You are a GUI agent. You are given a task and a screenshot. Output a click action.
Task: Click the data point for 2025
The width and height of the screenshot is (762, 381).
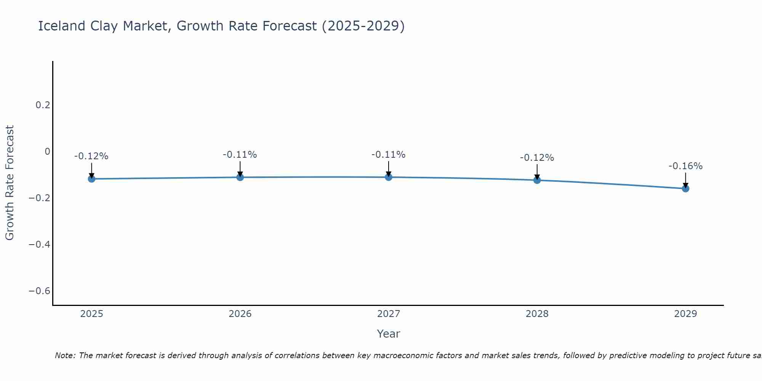[x=91, y=179]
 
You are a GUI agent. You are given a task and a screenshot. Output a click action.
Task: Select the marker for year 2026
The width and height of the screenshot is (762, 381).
[x=240, y=177]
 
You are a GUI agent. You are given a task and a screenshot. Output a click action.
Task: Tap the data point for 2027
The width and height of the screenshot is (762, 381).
[x=389, y=177]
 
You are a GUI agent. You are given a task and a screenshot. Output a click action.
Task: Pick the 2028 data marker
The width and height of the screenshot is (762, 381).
[x=537, y=180]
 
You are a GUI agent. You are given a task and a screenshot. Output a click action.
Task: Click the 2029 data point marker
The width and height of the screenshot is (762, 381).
[x=685, y=188]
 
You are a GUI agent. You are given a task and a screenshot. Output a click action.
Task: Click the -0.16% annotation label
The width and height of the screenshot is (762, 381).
[x=685, y=166]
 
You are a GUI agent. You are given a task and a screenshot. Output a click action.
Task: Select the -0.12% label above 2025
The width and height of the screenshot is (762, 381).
[x=91, y=156]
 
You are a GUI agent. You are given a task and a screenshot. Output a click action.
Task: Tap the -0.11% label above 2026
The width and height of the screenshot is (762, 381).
[x=240, y=155]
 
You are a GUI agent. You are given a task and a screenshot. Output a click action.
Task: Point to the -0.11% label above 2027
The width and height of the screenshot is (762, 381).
[x=389, y=155]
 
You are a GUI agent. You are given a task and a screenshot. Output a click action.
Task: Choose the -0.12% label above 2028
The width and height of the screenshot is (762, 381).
[x=537, y=158]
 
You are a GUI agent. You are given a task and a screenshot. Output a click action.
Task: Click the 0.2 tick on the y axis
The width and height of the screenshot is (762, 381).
[x=43, y=105]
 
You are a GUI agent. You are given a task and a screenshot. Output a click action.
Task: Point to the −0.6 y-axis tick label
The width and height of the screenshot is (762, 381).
[x=40, y=291]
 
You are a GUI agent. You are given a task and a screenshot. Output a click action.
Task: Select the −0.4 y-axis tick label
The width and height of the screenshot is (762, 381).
[x=40, y=244]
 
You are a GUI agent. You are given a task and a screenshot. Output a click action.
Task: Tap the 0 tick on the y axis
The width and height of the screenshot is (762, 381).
[x=47, y=152]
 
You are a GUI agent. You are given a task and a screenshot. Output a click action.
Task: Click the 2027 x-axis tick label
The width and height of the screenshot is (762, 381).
[x=389, y=314]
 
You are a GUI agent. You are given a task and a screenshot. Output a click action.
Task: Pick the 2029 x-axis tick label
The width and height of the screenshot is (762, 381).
[x=685, y=314]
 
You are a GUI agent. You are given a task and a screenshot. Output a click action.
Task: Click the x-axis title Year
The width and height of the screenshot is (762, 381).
[x=389, y=334]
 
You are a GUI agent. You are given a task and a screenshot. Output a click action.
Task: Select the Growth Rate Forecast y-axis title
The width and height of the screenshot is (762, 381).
[x=10, y=183]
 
